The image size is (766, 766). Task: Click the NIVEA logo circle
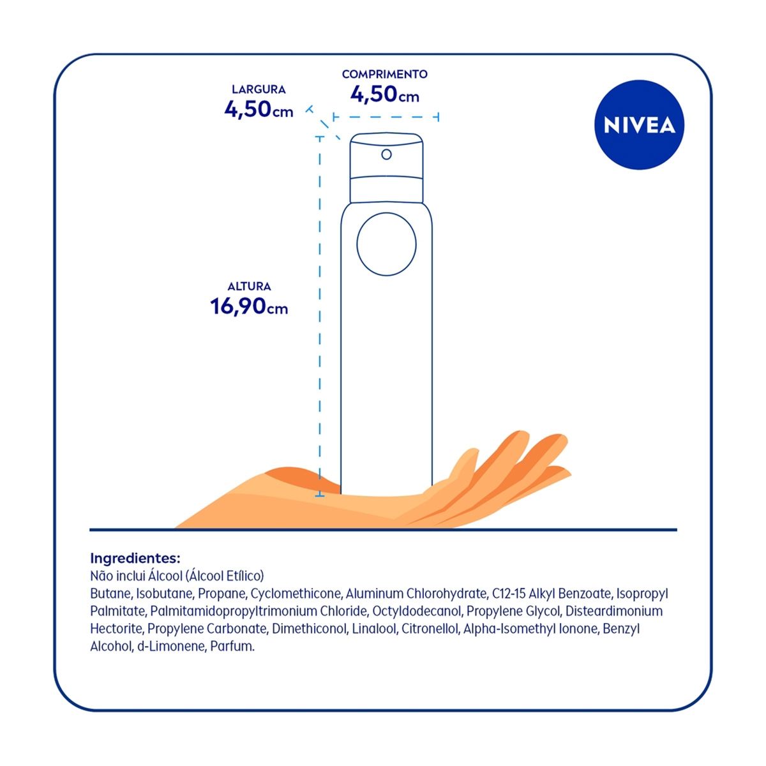coord(639,125)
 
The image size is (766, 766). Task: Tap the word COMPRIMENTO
coord(384,74)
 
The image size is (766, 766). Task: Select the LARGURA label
coord(259,89)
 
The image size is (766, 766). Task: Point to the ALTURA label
coord(249,287)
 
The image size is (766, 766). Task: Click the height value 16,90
coord(238,306)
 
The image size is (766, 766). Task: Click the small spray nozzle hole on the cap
coord(386,154)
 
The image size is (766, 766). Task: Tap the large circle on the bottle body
coord(386,244)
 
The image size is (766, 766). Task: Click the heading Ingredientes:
coord(135,559)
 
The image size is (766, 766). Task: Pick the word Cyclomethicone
coord(296,594)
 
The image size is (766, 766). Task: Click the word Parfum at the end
coord(232,647)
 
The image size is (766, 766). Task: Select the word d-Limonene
coord(172,647)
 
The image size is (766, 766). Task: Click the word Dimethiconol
coord(310,629)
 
